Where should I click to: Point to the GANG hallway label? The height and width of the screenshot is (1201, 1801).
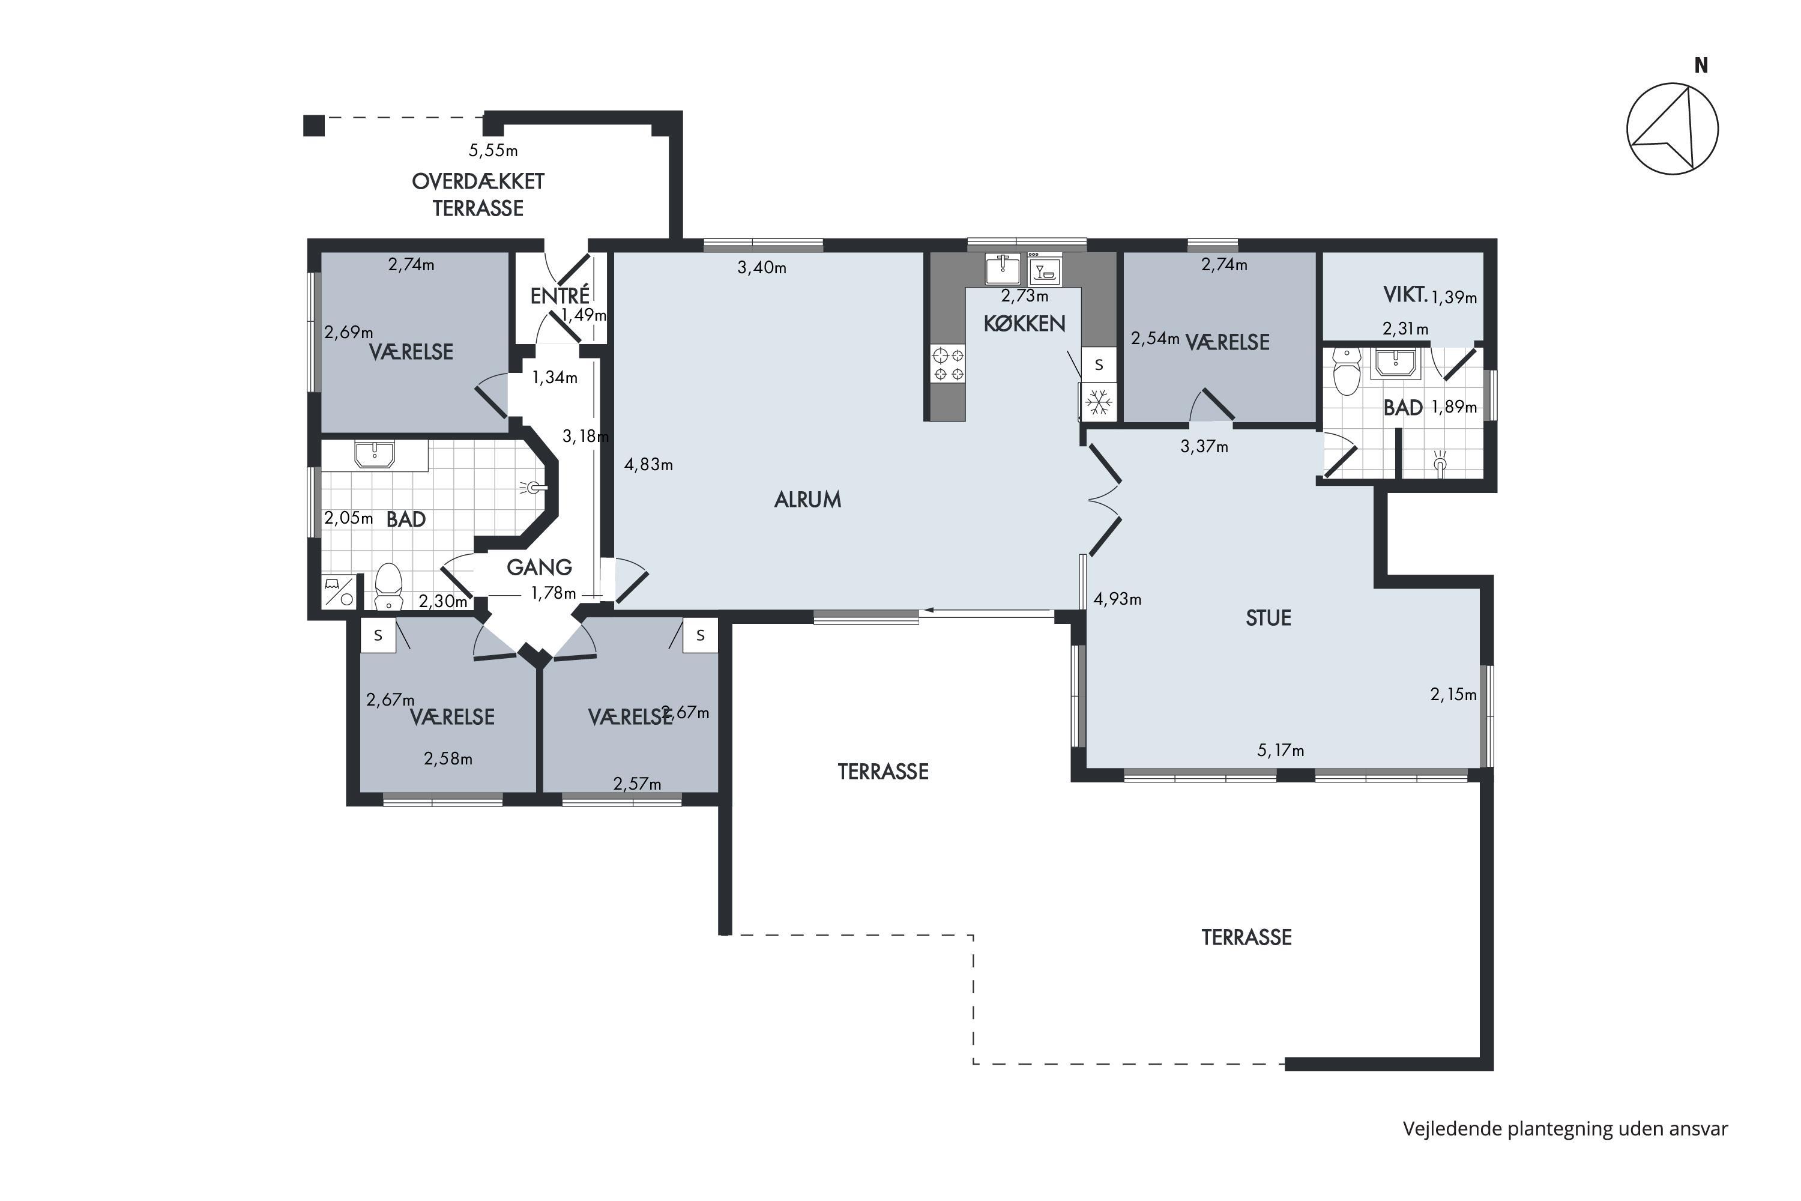click(x=539, y=567)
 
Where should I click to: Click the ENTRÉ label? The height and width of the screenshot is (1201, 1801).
click(x=560, y=295)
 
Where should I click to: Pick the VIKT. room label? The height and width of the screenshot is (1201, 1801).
click(x=1405, y=294)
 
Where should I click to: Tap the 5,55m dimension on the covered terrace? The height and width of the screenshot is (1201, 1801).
click(x=493, y=150)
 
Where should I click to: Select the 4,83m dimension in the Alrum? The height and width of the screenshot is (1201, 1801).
click(x=648, y=464)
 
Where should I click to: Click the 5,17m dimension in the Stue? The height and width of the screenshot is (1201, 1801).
click(x=1281, y=751)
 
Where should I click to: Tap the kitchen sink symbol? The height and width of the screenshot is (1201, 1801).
click(x=1003, y=269)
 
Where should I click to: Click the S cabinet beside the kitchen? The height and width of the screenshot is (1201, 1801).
click(x=1099, y=365)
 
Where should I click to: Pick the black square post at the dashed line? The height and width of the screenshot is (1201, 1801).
click(x=314, y=125)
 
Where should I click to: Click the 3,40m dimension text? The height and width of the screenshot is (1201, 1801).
click(x=762, y=267)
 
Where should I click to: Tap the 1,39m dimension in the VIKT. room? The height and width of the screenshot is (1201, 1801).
click(x=1454, y=297)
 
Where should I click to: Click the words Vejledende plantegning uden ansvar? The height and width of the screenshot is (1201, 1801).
click(x=1565, y=1128)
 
